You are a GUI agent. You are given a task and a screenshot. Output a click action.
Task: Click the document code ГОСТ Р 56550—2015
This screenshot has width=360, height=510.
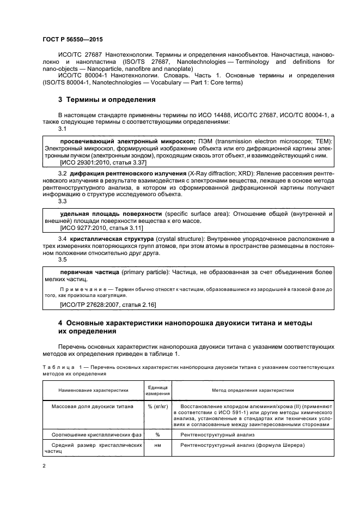tap(72, 40)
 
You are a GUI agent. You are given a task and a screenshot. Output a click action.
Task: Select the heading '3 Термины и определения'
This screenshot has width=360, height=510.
tap(107, 100)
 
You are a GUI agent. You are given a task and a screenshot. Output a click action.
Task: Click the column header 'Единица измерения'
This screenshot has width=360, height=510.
tap(157, 390)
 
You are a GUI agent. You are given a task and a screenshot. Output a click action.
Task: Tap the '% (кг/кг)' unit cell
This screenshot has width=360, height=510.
tap(157, 406)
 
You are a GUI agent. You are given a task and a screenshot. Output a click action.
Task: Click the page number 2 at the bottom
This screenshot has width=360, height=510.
tap(45, 466)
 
